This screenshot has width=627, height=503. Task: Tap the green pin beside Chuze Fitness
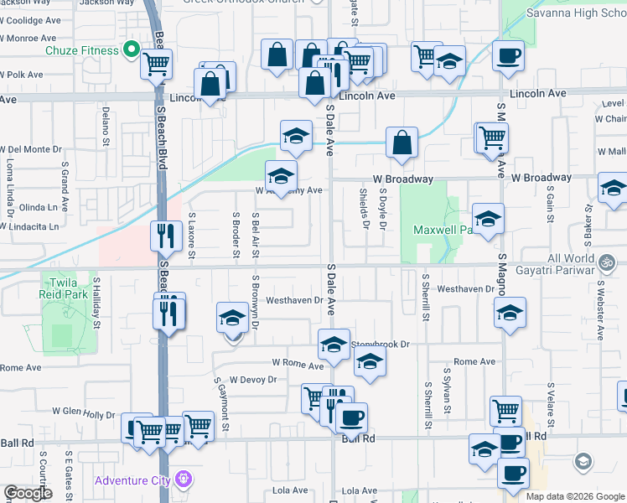131,50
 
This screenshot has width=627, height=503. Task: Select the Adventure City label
132,480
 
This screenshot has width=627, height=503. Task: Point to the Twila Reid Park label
64,288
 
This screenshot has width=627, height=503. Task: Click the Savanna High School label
576,13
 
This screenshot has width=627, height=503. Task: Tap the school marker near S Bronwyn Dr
233,318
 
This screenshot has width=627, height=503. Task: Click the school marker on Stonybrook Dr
334,345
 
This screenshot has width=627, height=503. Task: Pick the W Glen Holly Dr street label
83,412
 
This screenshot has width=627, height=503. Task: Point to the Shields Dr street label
365,208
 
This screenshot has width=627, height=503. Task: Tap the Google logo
28,493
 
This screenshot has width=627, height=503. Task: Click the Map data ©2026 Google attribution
575,496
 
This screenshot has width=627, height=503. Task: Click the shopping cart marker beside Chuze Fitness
156,64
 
